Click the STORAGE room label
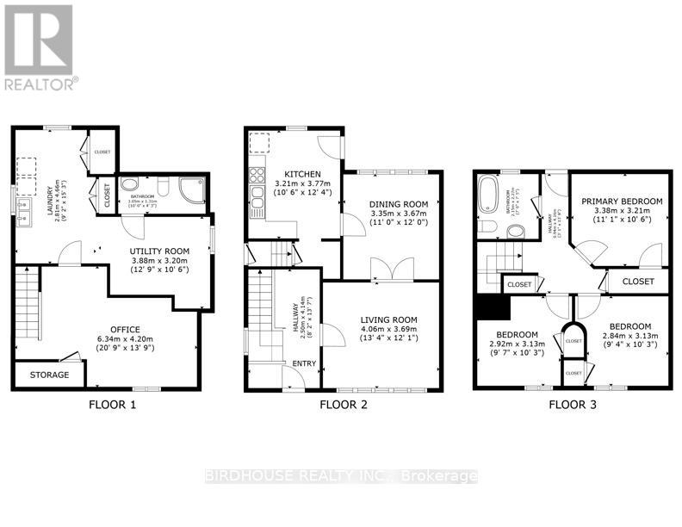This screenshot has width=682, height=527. (x=49, y=375)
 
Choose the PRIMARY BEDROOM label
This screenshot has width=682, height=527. (x=622, y=201)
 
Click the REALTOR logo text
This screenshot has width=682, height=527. (x=40, y=84)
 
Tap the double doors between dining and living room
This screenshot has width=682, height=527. (x=382, y=270)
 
